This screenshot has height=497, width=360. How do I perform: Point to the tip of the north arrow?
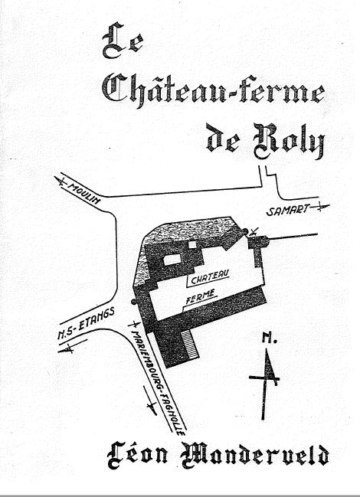tap(267, 350)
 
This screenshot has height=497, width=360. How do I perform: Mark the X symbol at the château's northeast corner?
tap(254, 231)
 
